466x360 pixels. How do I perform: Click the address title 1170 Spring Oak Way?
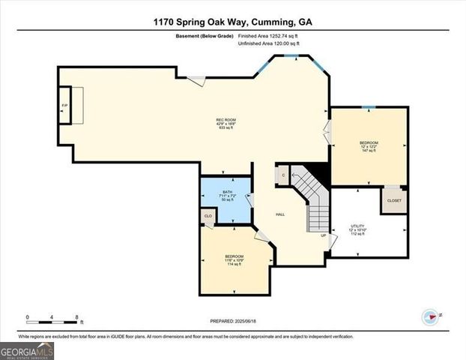232,22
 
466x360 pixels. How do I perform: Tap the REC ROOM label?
222,124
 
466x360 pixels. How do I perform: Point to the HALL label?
280,214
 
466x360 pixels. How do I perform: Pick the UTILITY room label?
357,229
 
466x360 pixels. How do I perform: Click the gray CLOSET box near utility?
394,200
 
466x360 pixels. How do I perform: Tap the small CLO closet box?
208,217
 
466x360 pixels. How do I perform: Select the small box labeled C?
283,175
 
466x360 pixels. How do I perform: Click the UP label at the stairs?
324,235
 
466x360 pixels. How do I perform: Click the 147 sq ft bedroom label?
369,146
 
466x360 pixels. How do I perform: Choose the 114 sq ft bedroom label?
234,260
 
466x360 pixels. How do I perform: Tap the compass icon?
429,316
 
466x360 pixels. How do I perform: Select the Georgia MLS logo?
27,350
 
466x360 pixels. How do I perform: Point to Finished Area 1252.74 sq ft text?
267,36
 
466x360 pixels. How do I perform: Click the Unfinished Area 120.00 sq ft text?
268,44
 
